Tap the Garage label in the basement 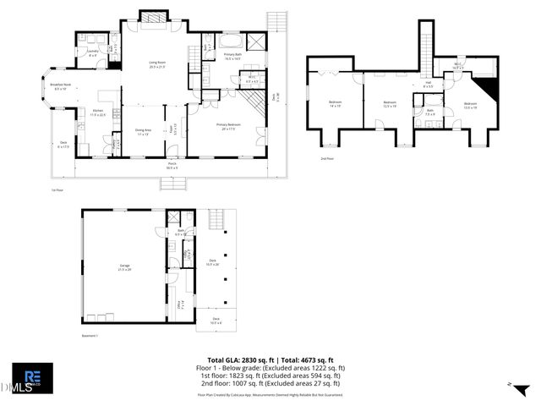pyautogui.click(x=124, y=268)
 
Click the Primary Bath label pyautogui.click(x=233, y=56)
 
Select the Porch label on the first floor pyautogui.click(x=172, y=166)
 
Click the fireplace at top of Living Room pyautogui.click(x=153, y=19)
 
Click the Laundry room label pyautogui.click(x=93, y=53)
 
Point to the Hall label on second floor pyautogui.click(x=428, y=85)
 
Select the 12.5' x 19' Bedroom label pyautogui.click(x=390, y=105)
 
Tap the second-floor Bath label pyautogui.click(x=429, y=112)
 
